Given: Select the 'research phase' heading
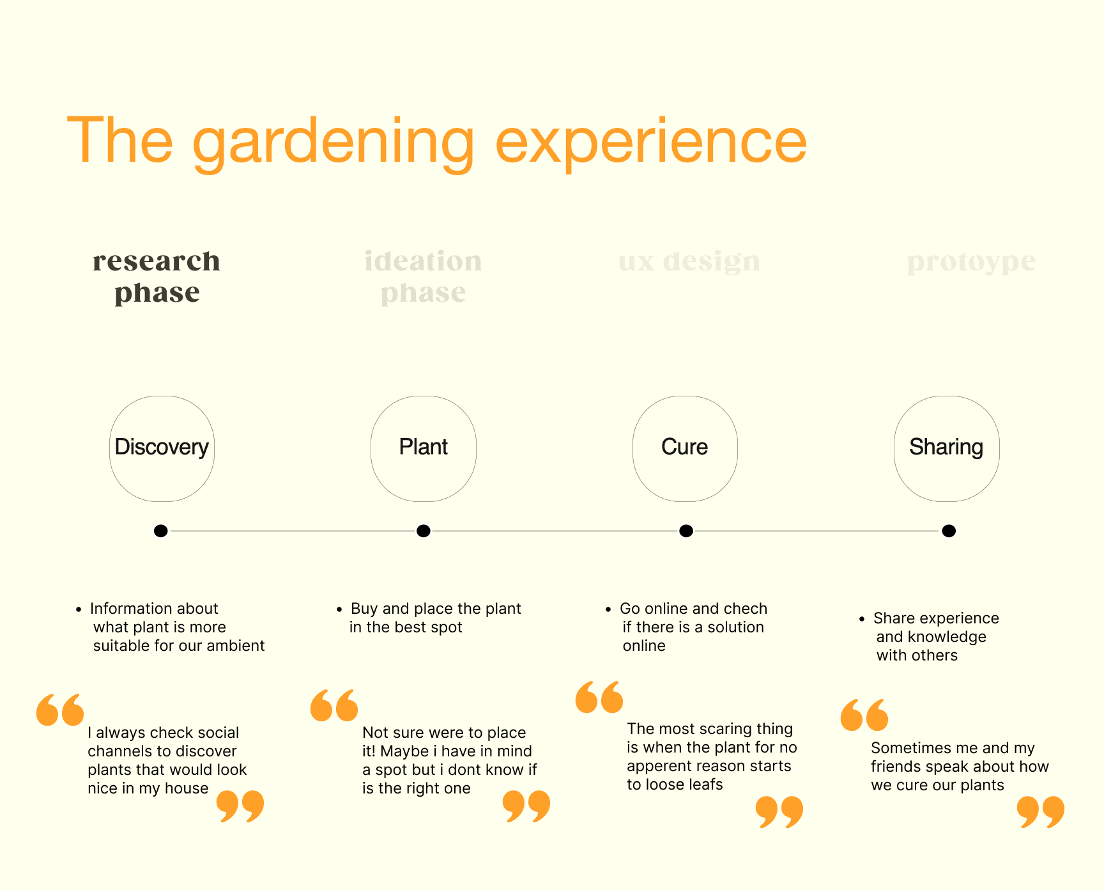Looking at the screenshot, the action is [x=157, y=276].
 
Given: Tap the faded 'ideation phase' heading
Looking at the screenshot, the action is [x=423, y=276].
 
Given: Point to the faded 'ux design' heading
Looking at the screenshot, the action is [x=689, y=262].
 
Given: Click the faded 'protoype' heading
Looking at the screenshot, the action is [x=971, y=262].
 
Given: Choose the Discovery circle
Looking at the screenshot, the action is [x=162, y=448].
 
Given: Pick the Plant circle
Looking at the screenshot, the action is [x=424, y=448].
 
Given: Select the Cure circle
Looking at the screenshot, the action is [x=685, y=448].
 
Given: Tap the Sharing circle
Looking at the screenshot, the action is [x=946, y=448].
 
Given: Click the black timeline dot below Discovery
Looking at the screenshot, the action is [x=161, y=531].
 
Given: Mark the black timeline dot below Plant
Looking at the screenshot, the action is [x=423, y=531].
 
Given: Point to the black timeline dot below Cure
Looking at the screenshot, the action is [x=686, y=531].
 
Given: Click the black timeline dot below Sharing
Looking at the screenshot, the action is [x=949, y=531].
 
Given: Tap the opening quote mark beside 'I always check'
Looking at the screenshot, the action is [x=60, y=710].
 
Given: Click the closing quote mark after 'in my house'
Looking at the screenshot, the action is [x=240, y=806].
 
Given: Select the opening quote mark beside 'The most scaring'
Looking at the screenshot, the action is [x=599, y=697].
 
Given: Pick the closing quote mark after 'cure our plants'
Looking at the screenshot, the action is [x=1040, y=811].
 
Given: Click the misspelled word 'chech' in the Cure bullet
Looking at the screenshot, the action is [x=746, y=609].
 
